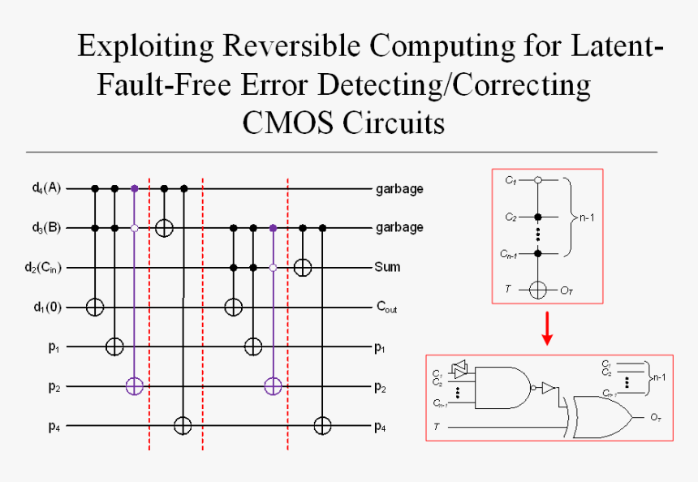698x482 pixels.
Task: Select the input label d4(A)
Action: (x=47, y=188)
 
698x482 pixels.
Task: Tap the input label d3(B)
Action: (x=47, y=228)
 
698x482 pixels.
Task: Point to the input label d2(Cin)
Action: (x=45, y=267)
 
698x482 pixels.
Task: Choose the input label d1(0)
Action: (x=48, y=308)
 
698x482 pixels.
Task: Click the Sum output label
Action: (x=387, y=267)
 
